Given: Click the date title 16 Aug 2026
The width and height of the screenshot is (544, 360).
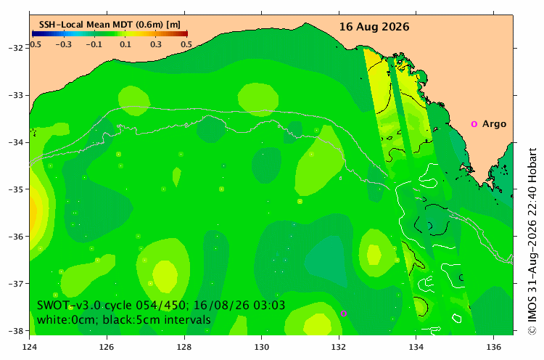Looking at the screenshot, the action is (x=374, y=27).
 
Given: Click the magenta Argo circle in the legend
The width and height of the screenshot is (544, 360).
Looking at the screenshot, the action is (x=474, y=124).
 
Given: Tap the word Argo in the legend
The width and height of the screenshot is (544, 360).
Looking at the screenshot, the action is (x=494, y=124).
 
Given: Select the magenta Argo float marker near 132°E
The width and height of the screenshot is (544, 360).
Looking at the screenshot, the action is (x=344, y=314).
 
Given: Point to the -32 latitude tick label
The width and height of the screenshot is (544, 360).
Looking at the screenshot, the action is (x=16, y=48).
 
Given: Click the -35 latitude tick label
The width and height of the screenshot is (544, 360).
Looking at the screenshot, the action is (x=16, y=189).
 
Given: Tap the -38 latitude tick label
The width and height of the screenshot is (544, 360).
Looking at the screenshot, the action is (x=16, y=331).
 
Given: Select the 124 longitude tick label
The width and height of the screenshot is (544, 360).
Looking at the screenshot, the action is (x=30, y=347).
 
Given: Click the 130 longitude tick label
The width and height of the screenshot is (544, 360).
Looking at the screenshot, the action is (x=261, y=347).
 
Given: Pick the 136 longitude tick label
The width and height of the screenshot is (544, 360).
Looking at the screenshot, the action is (x=493, y=347).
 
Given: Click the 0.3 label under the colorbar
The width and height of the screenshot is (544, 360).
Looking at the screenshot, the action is (x=156, y=44).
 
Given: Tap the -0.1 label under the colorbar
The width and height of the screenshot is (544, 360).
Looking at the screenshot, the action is (x=94, y=44).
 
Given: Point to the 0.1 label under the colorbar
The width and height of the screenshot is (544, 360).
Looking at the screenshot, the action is (x=125, y=44).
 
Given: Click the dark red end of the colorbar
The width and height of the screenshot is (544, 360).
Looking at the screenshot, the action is (x=185, y=33).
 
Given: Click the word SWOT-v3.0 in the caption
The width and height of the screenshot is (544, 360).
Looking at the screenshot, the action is (x=69, y=305).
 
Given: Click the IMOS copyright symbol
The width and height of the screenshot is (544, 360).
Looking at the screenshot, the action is (x=532, y=330).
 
